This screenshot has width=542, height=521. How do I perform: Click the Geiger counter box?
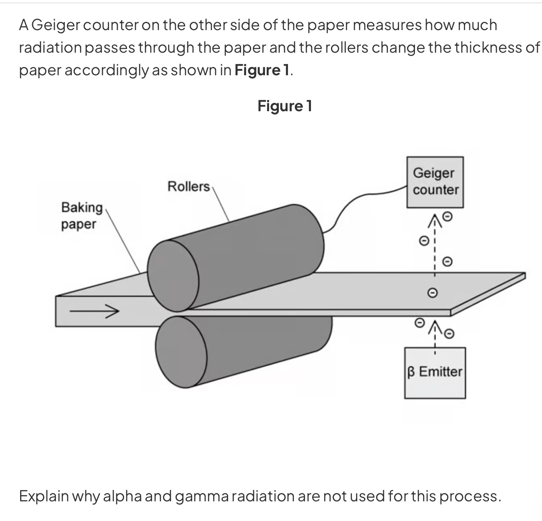click(x=435, y=182)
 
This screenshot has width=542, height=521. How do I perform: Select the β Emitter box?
click(x=435, y=372)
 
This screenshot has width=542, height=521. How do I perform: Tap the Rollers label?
click(x=188, y=186)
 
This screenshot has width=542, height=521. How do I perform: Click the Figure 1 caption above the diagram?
click(x=285, y=106)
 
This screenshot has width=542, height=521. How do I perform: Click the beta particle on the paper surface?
click(x=433, y=291)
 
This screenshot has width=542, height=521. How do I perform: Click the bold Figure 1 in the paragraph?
click(x=262, y=70)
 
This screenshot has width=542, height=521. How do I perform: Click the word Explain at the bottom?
click(x=44, y=496)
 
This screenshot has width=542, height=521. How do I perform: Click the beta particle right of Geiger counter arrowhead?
click(x=447, y=216)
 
